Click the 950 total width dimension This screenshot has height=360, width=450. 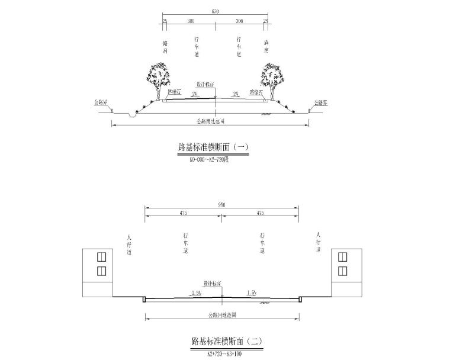click(x=221, y=204)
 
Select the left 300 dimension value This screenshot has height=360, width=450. click(x=191, y=21)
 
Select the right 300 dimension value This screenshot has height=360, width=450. click(x=239, y=21)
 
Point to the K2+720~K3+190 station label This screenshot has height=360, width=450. click(x=226, y=353)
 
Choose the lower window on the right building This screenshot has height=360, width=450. click(x=342, y=271)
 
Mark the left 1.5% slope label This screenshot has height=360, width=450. click(x=197, y=292)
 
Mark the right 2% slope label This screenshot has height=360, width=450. click(x=236, y=94)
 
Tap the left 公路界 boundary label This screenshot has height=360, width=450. click(x=101, y=102)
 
